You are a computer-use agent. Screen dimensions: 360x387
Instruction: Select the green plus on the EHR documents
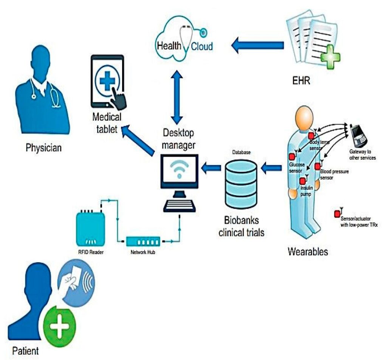[x=330, y=59]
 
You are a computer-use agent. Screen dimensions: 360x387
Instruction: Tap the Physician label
[x=43, y=147]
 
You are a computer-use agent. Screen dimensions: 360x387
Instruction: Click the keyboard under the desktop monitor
[x=180, y=205]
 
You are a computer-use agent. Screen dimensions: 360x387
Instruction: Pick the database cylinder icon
[x=241, y=182]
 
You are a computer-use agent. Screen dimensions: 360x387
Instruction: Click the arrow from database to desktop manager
[x=211, y=167]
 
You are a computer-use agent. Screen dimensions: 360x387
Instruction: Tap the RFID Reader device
[x=90, y=228]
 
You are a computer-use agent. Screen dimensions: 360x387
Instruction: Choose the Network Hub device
[x=143, y=241]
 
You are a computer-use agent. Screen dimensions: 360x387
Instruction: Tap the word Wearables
[x=308, y=251]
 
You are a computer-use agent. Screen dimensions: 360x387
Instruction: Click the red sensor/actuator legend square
[x=337, y=214]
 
